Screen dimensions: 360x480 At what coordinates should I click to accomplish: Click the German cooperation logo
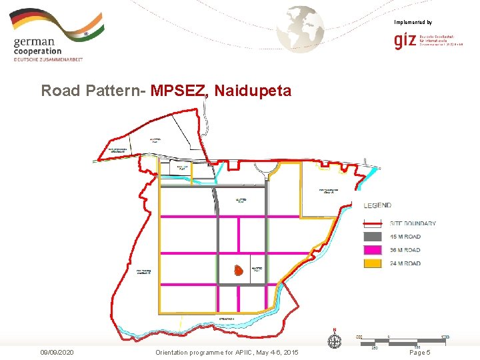coord(57,37)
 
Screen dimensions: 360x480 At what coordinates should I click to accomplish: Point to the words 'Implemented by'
coord(413,22)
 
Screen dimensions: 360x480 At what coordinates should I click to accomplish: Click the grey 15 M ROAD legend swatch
coord(373,237)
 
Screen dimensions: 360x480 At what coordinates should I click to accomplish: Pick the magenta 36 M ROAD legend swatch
coord(373,250)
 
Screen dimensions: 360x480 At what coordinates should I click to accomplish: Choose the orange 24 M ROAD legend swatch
coord(373,263)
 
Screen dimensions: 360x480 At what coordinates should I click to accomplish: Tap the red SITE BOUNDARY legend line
coord(373,223)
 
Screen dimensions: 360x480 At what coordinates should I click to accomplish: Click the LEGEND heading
coord(377,205)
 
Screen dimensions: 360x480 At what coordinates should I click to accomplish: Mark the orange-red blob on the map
coord(237,270)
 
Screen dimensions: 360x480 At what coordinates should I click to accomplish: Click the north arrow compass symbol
coord(334,340)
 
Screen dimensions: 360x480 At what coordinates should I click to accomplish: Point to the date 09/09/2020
coord(57,352)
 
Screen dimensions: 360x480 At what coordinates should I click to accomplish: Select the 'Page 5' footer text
coord(419,352)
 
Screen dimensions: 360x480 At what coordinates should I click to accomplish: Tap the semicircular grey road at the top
coord(274,173)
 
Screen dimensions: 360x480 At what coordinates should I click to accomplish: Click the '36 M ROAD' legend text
coord(405,250)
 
